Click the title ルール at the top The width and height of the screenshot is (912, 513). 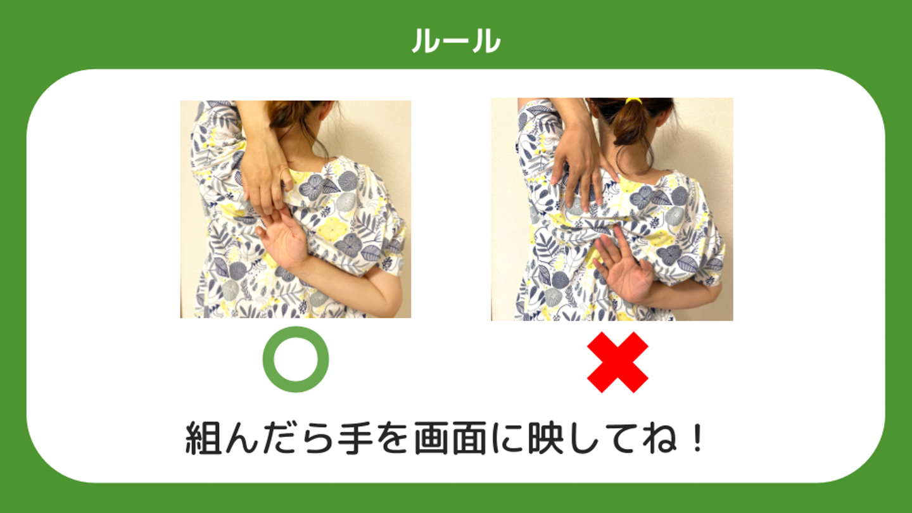(x=456, y=41)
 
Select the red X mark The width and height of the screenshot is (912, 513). (x=617, y=362)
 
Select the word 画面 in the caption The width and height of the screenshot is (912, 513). (x=450, y=438)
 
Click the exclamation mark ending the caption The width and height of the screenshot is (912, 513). (x=698, y=438)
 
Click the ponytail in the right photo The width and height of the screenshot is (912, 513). (x=630, y=122)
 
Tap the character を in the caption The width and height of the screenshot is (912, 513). (x=391, y=438)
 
